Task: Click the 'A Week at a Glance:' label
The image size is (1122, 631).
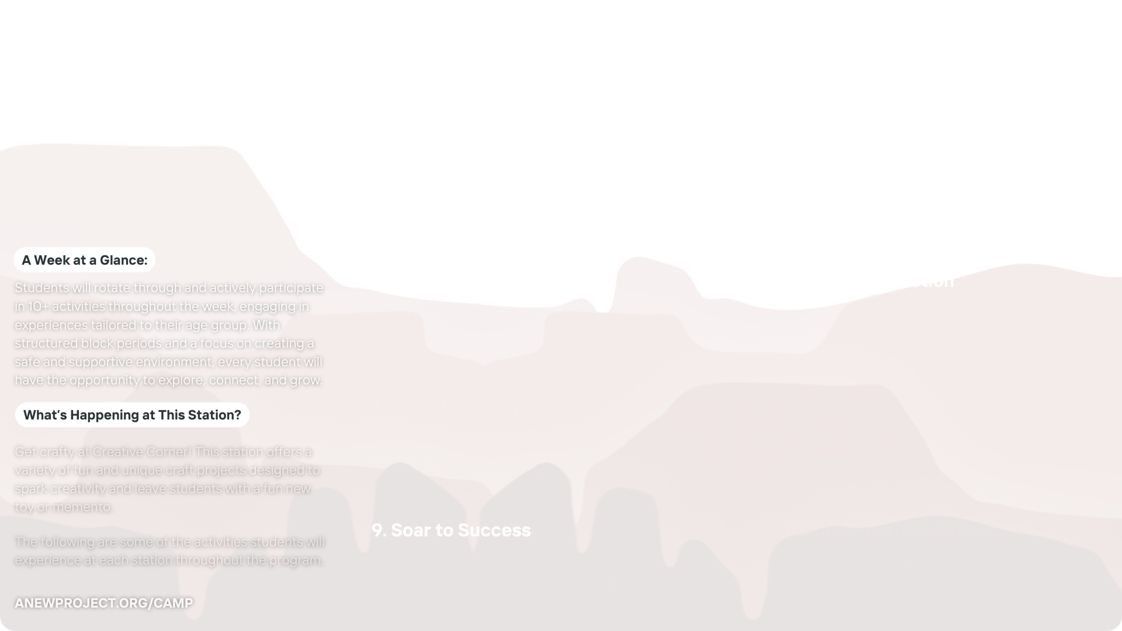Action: [85, 260]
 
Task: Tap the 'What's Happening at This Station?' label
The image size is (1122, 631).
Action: [132, 415]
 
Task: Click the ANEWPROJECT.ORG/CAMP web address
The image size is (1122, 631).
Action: [103, 603]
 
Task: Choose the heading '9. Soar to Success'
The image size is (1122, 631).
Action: [451, 530]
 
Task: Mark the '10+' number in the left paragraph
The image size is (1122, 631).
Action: [39, 306]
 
